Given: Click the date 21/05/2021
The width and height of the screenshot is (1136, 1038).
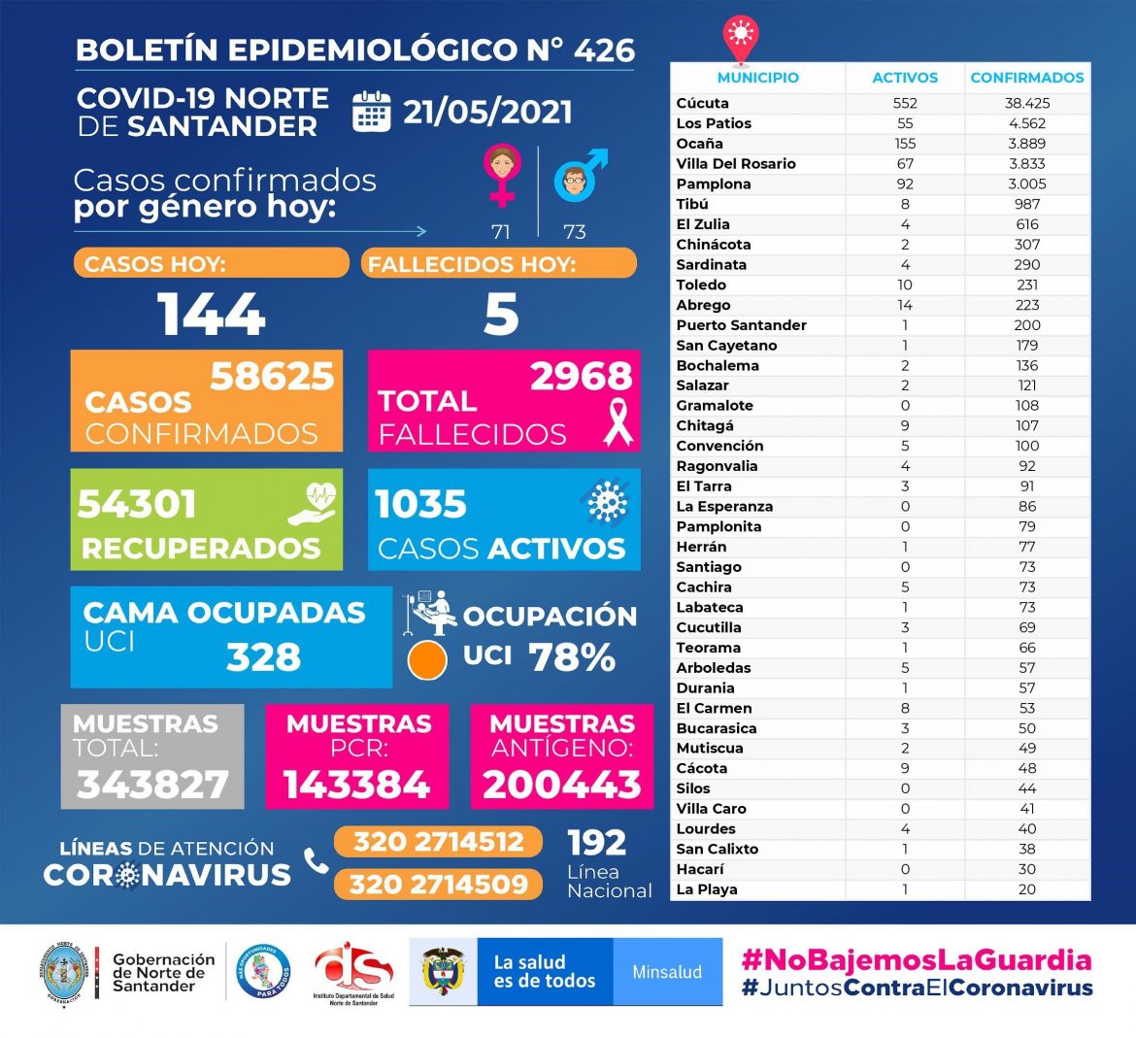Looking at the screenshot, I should [487, 112].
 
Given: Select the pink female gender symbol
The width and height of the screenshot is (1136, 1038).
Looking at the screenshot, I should [501, 175].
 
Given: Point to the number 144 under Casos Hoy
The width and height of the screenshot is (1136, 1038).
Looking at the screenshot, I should [212, 315].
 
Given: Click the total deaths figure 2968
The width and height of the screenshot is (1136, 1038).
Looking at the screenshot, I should [581, 376].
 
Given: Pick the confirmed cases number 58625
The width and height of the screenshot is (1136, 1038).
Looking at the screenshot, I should [272, 376].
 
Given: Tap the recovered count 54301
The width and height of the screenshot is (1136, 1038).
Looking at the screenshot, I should [137, 504].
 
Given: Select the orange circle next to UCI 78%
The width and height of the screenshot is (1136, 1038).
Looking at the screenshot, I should [427, 659].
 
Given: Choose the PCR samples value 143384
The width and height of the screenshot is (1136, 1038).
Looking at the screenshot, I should [356, 785].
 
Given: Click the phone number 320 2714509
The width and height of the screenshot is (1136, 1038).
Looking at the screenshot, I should [439, 884].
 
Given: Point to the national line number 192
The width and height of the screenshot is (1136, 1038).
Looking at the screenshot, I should [596, 842].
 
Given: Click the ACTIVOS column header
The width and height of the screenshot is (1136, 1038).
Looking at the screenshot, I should [905, 78].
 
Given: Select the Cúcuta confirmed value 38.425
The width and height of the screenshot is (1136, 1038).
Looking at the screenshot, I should [1027, 103].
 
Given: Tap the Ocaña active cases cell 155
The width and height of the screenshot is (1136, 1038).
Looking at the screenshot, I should [905, 143].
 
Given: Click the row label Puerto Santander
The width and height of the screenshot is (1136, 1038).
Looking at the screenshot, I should [741, 325].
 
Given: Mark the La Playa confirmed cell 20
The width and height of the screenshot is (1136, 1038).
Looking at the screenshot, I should [1027, 889].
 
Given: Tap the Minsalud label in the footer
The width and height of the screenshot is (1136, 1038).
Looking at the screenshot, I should [667, 972].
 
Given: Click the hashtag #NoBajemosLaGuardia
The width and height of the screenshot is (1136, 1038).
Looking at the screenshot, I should [917, 960].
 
